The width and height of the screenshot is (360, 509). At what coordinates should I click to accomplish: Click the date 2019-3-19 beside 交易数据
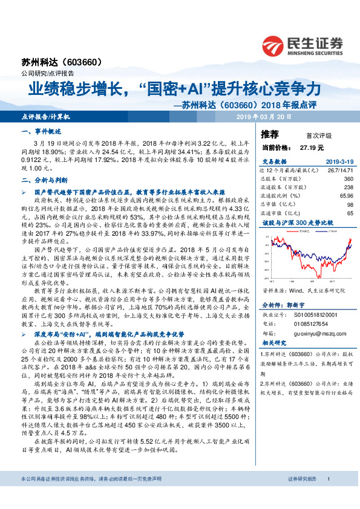(338, 161)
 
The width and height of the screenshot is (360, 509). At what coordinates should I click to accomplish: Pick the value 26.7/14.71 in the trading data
(340, 170)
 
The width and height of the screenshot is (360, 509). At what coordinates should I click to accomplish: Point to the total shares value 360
(348, 179)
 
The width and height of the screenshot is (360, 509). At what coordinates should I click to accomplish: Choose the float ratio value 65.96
(345, 196)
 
